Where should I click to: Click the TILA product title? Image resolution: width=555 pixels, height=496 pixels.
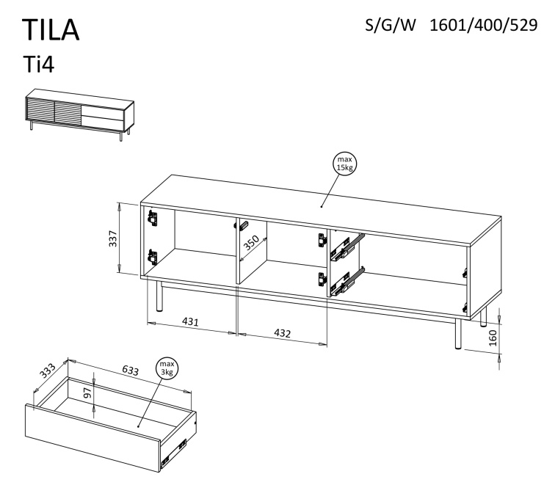coord(51,30)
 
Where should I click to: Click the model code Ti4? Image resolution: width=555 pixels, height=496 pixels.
coord(39,65)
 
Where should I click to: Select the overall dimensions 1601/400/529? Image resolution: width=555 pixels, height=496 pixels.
coord(484,25)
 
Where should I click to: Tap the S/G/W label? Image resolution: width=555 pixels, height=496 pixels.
coord(390,25)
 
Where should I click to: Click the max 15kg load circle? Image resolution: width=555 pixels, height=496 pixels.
coord(345,164)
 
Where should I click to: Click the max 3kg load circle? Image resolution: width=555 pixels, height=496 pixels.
coord(167,368)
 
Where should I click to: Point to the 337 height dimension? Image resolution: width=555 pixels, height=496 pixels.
coord(113,238)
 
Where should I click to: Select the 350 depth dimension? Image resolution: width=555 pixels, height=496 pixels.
coord(252,243)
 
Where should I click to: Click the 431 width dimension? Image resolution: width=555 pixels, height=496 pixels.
coord(190,321)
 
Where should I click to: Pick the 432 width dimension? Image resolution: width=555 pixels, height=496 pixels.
coord(283,333)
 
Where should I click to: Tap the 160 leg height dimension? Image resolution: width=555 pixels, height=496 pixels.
coord(493,338)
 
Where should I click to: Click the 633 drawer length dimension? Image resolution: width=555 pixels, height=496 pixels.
coord(130,370)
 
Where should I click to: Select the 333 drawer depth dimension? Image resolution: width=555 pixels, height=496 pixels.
coord(47,371)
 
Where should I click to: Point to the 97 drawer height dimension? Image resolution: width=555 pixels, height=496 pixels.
coord(87,393)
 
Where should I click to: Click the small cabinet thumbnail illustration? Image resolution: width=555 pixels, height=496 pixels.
coord(79,114)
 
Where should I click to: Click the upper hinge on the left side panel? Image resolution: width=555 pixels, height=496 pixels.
coord(153,218)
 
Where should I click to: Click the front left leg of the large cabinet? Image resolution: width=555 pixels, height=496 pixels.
coord(159,296)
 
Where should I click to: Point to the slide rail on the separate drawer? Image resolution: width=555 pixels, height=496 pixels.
coord(173,453)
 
